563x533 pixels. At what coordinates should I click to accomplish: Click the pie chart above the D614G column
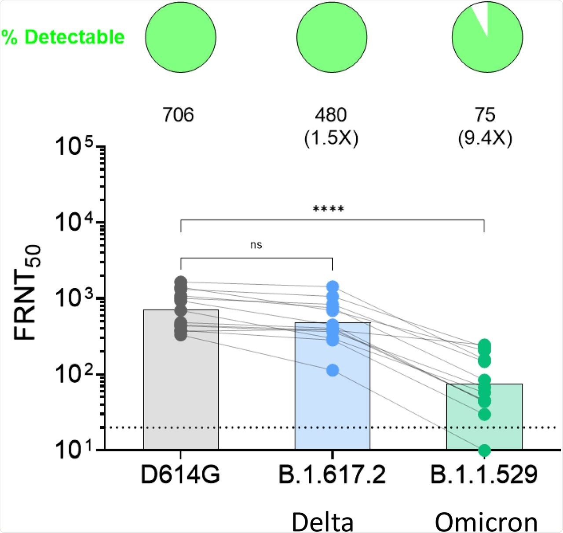[181, 37]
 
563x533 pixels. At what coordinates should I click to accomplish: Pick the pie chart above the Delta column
[332, 37]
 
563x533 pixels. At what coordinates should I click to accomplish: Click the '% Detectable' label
[63, 37]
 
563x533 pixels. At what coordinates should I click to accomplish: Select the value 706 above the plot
[178, 115]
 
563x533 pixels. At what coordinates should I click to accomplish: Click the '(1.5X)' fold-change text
[331, 138]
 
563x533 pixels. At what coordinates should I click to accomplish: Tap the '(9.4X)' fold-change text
[485, 138]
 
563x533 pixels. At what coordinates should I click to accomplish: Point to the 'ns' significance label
[256, 245]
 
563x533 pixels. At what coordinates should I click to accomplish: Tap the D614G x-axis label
[180, 475]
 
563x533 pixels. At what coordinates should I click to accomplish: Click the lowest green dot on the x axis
[484, 450]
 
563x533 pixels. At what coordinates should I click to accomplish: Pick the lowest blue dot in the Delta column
[333, 370]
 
